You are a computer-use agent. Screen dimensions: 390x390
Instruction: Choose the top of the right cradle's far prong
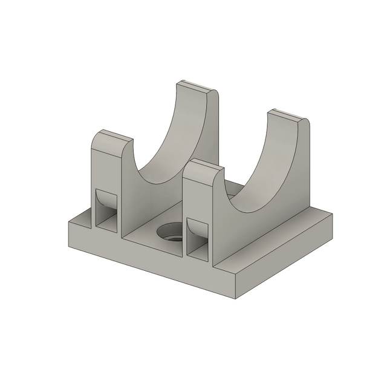288,116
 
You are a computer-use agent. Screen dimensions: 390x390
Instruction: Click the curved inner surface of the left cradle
175,145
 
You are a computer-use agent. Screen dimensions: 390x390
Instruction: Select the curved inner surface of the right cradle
266,175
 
